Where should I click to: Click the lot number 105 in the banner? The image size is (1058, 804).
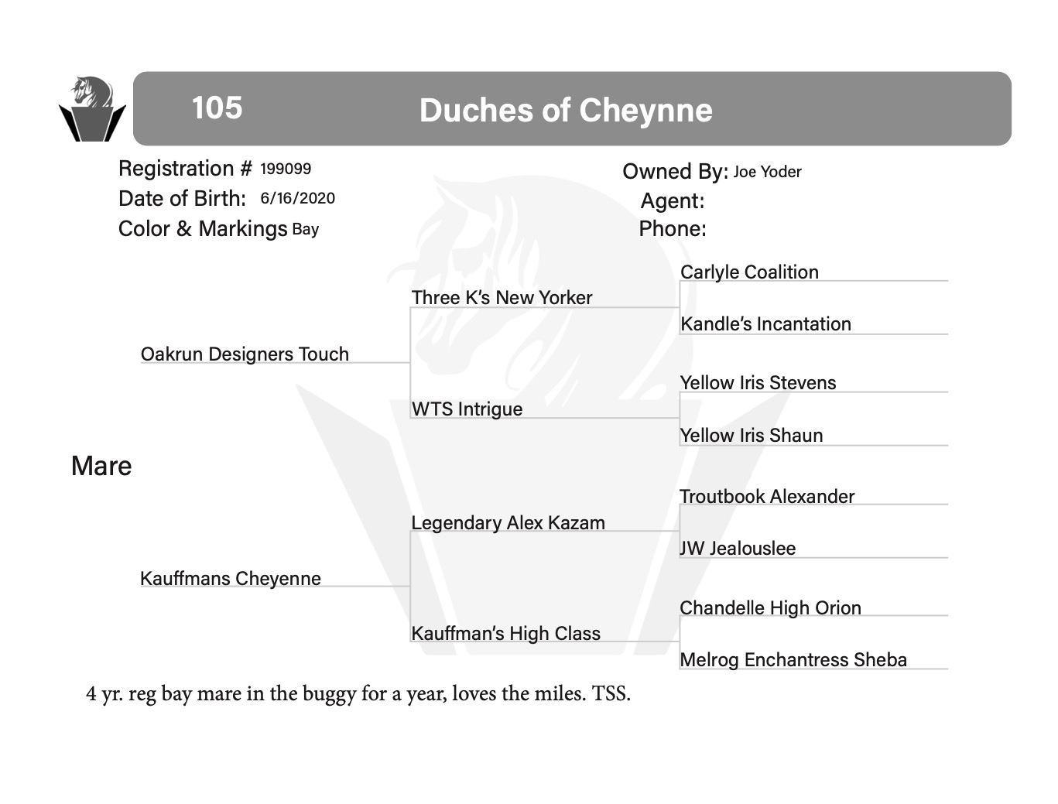click(217, 108)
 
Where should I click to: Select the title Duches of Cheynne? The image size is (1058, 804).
click(565, 111)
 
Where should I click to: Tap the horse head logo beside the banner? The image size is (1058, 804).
click(91, 109)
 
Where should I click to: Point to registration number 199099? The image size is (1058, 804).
click(286, 169)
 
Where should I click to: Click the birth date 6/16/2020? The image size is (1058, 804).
click(297, 198)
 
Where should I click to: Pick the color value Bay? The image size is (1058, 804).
click(305, 229)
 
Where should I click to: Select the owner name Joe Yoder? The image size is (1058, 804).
click(767, 172)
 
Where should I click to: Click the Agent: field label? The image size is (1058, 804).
click(672, 201)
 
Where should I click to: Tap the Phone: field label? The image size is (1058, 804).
click(672, 229)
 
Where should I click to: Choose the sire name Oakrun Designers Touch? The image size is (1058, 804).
click(245, 354)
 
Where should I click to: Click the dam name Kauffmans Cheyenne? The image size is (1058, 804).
click(231, 578)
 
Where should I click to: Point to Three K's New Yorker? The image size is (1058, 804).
click(502, 298)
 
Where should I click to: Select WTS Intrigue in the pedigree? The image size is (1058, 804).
click(467, 409)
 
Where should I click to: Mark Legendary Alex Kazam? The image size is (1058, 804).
click(508, 522)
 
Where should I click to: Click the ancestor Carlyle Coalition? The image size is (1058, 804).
click(749, 272)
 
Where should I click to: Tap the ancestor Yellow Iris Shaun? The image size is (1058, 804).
click(751, 436)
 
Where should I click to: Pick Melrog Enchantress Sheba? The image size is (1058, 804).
click(793, 659)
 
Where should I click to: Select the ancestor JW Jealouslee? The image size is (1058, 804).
click(738, 548)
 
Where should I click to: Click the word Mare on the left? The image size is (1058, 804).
click(101, 466)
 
